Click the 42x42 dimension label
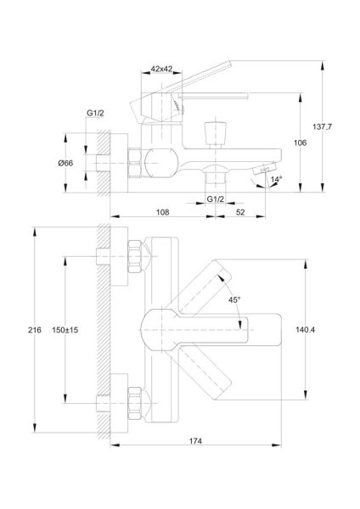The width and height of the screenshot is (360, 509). [x=161, y=69]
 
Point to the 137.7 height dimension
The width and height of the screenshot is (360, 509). [x=322, y=126]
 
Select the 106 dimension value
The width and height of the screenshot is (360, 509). [x=300, y=143]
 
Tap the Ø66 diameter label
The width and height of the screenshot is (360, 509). [x=65, y=163]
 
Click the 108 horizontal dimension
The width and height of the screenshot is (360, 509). [x=162, y=212]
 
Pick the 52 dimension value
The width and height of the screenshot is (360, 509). [x=240, y=212]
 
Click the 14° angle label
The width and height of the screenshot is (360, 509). [x=276, y=179]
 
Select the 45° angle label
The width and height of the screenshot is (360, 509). [x=234, y=299]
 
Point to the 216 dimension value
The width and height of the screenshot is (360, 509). [x=35, y=330]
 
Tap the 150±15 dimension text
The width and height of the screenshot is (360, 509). [x=65, y=330]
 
